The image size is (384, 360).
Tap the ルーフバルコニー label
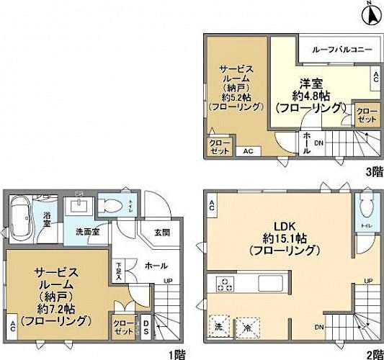341,50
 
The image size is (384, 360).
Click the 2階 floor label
374,353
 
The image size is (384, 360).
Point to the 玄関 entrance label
161,232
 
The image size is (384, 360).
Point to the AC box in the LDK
213,207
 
